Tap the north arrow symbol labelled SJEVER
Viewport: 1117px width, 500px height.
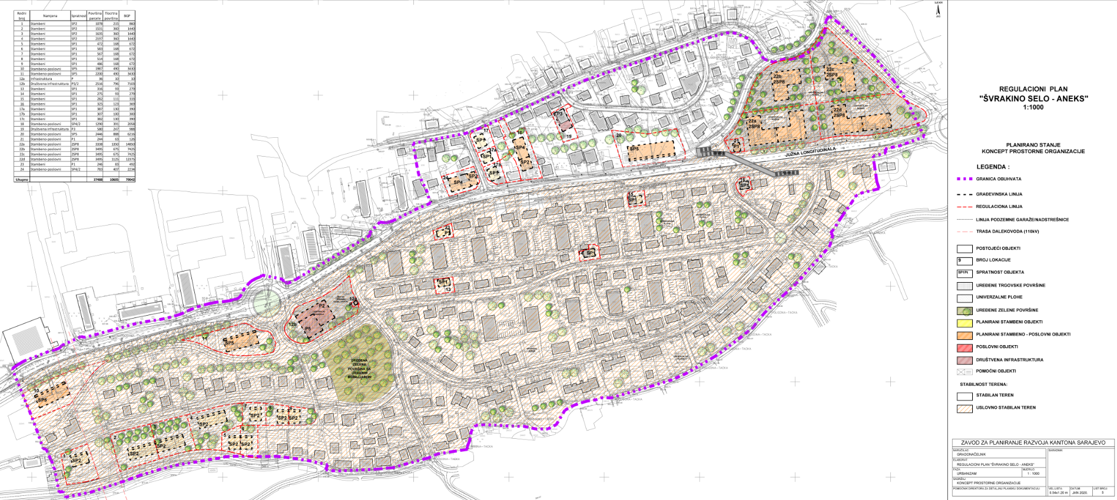(938, 8)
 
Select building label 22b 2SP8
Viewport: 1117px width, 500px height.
(778, 79)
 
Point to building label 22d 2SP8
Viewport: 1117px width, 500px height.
(838, 112)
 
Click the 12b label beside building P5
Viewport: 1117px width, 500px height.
(292, 324)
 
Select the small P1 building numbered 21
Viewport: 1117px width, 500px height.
(736, 144)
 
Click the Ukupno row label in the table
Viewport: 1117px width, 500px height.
(22, 179)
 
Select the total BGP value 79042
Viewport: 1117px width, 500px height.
(129, 179)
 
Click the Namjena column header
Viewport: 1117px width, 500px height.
(50, 16)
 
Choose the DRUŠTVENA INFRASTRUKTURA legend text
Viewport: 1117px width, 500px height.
(1009, 359)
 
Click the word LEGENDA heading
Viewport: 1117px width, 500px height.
(992, 167)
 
